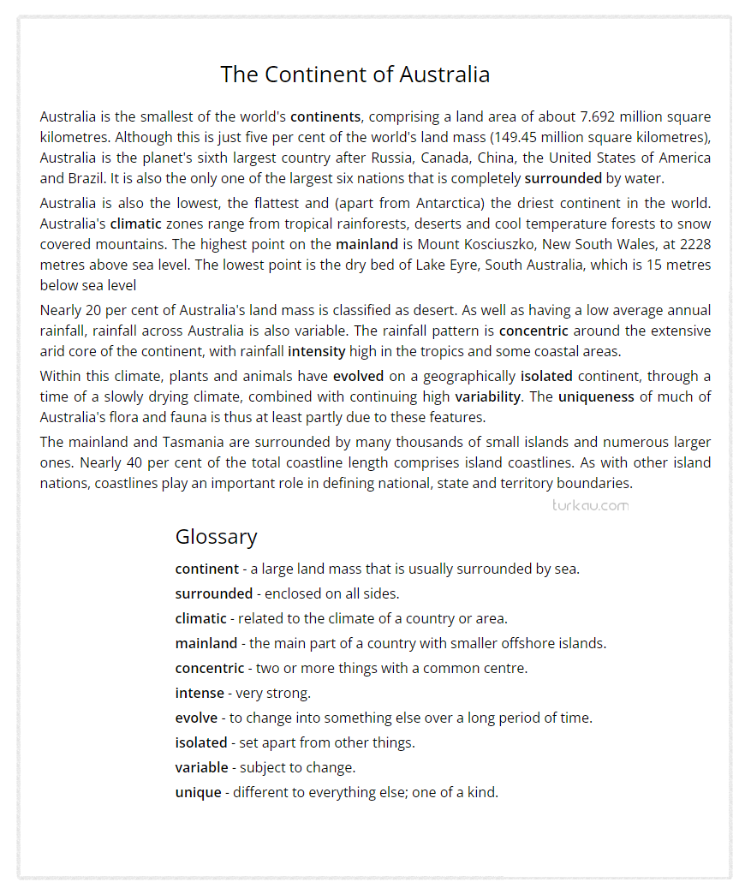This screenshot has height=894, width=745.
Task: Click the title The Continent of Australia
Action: coord(355,74)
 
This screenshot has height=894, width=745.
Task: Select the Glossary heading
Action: coord(216,537)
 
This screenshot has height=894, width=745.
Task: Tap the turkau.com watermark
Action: coord(590,505)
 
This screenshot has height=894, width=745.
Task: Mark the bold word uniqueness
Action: coord(596,396)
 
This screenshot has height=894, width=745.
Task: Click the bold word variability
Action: coord(487,396)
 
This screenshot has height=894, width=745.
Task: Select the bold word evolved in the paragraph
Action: coord(360,376)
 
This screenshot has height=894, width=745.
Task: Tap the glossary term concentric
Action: coord(210,668)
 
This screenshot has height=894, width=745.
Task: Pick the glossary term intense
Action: coord(200,693)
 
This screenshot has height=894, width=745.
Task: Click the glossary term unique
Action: coord(198,792)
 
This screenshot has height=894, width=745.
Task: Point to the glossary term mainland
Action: coord(206,643)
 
